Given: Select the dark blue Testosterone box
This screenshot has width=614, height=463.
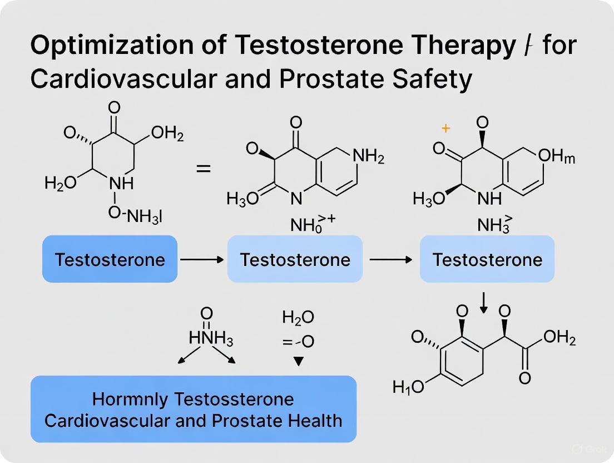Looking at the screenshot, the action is [x=110, y=259].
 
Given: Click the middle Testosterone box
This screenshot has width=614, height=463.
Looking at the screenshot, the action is [x=295, y=259].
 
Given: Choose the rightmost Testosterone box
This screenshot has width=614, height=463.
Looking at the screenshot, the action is [x=487, y=259].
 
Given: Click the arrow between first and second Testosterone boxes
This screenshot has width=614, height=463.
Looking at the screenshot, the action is [x=202, y=259].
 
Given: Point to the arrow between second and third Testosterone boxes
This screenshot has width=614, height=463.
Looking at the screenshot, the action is [x=390, y=259].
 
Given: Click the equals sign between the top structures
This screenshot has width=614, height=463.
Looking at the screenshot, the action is [x=204, y=168].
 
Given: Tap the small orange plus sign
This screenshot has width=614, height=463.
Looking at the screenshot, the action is [x=445, y=129].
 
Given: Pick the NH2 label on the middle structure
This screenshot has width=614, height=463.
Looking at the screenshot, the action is [x=368, y=157].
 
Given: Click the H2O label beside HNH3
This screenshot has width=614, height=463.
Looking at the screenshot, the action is [x=298, y=318].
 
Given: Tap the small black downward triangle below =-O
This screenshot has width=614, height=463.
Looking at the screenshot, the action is [x=299, y=361].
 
